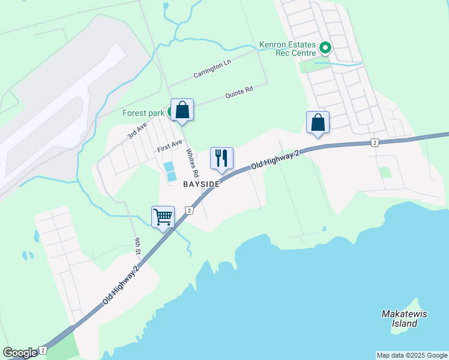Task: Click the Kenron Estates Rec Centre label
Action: [x=287, y=49]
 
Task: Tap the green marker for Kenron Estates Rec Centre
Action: [x=325, y=47]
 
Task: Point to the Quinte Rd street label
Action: [x=239, y=92]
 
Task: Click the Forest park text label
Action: [x=143, y=113]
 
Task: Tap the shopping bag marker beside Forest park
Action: [x=182, y=110]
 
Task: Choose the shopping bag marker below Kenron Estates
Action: [x=318, y=123]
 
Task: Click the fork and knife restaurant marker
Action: [x=221, y=158]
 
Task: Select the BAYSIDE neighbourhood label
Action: [x=201, y=184]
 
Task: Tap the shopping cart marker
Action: [x=163, y=217]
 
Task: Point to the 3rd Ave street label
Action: [x=137, y=131]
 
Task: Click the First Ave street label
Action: [x=169, y=146]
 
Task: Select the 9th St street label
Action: [x=137, y=245]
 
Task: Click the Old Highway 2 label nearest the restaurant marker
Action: [x=274, y=160]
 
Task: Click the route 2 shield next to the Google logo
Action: [x=43, y=350]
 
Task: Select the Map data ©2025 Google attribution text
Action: [x=412, y=355]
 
